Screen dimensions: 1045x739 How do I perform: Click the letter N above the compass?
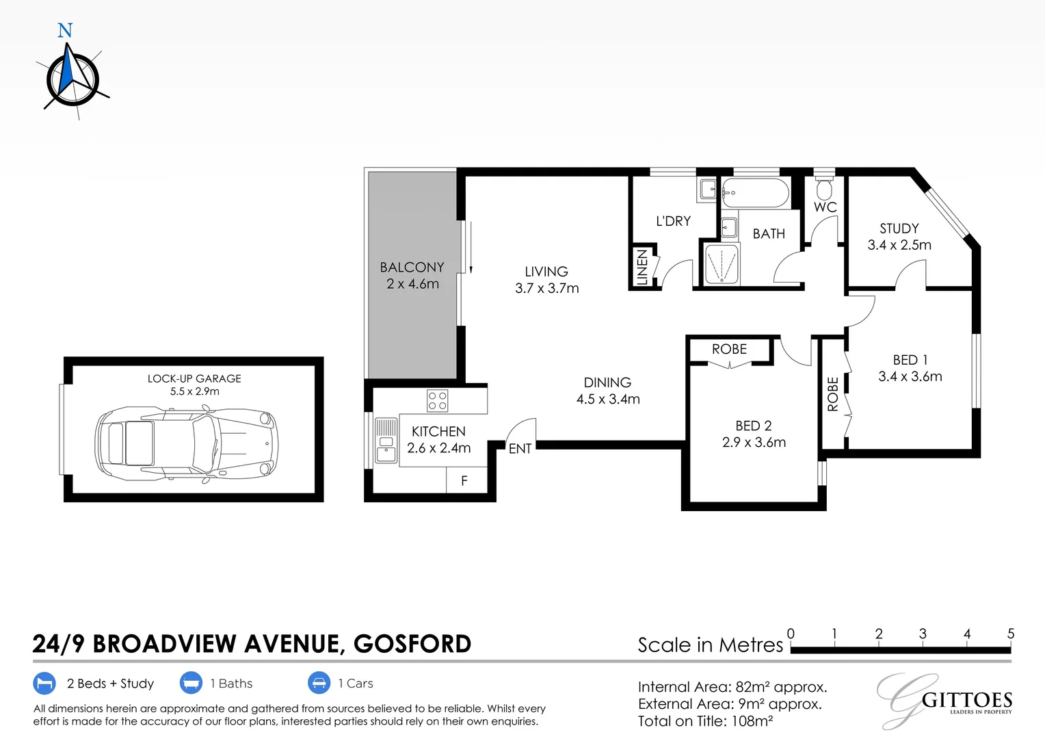coord(65,31)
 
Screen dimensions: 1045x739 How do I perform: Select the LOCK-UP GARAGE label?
coord(194,378)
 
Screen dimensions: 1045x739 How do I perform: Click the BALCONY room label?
coord(412,268)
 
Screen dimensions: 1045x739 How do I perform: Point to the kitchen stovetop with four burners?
coord(437,400)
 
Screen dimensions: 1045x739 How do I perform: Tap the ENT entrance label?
coord(520,449)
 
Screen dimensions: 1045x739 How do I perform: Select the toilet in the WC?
coord(824,187)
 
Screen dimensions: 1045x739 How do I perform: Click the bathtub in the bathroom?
coord(755,192)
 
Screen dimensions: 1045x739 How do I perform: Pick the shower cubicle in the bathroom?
coord(722,264)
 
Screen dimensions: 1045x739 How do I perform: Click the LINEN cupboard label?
coord(642,267)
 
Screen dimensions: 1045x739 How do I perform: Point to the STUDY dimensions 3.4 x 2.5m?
coord(899,245)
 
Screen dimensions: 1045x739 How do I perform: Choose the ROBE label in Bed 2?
coord(729,349)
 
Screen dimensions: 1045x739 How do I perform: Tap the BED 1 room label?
coord(910,360)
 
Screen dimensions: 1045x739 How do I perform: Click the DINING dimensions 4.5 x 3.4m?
coord(608,399)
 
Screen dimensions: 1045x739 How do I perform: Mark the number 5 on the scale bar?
coord(1011,634)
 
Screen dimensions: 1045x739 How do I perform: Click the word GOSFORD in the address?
coord(412,644)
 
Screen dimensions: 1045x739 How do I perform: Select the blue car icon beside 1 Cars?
coord(319,683)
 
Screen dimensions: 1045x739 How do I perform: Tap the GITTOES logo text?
coord(967,700)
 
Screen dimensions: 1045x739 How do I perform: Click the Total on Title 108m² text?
coord(705,721)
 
